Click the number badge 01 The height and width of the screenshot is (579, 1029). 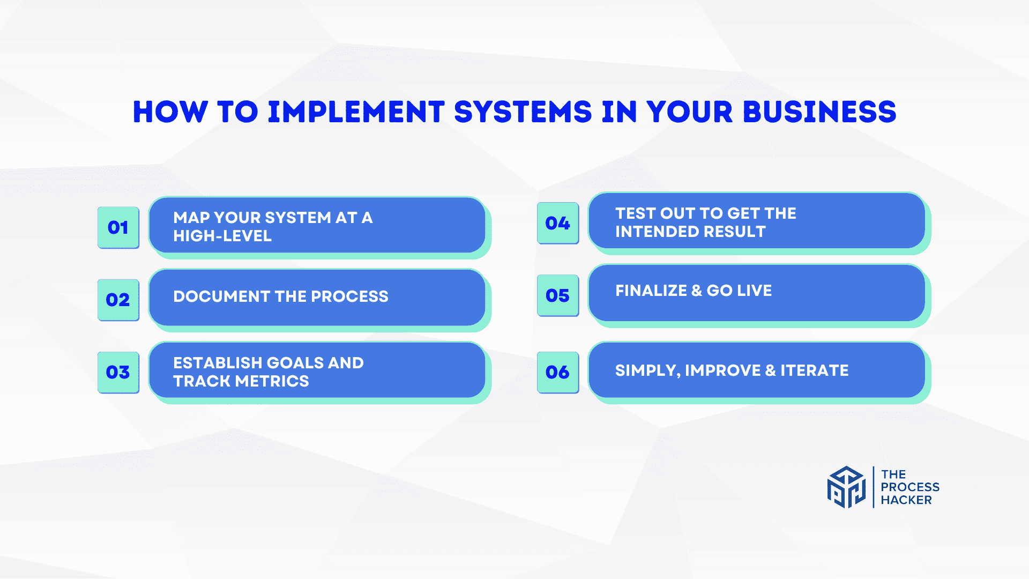pos(118,227)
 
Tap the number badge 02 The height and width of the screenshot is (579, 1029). pos(118,300)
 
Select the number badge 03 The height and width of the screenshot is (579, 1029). pos(118,372)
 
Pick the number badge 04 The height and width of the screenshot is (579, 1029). pos(558,223)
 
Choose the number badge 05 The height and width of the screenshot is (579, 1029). pos(558,295)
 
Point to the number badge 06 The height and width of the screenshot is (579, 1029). pos(558,372)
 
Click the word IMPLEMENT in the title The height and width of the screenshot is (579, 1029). pos(356,112)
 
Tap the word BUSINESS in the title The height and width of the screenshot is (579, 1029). pos(819,112)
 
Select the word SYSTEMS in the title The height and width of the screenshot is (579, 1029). pos(523,112)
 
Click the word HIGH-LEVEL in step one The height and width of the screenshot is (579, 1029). pos(222,236)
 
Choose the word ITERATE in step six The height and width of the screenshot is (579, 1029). pos(815,370)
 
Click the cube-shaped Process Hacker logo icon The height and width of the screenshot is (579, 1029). pos(846,487)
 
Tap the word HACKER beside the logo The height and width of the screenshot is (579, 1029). pos(906,500)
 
